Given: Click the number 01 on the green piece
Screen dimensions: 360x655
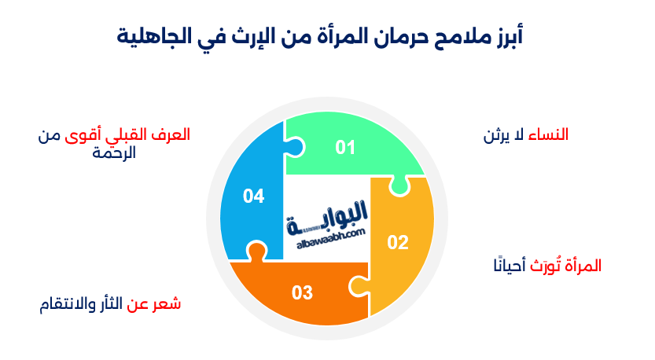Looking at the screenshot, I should (345, 147).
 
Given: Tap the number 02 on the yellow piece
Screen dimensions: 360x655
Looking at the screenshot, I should (398, 242).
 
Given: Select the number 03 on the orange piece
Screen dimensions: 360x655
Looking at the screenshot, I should (302, 293).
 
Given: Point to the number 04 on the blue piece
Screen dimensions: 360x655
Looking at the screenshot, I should (253, 196).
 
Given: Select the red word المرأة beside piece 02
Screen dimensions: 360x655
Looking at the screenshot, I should (581, 266).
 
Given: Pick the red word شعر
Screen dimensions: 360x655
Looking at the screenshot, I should (167, 303).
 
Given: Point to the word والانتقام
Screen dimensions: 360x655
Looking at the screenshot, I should (72, 303).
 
